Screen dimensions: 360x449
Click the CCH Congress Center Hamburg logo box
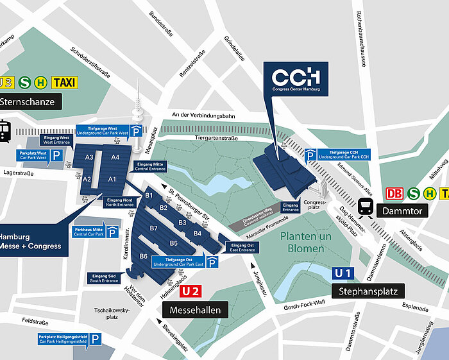click(296, 79)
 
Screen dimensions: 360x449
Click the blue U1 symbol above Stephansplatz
click(342, 273)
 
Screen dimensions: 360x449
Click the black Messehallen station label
click(195, 311)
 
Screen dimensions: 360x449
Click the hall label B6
click(144, 257)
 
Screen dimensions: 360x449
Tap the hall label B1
click(149, 195)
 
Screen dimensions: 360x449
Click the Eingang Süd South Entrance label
click(104, 278)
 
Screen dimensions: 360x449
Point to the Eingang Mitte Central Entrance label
click(151, 166)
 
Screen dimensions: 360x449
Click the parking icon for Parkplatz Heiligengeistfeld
click(95, 339)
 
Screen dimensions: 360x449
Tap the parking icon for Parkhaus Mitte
click(113, 232)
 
